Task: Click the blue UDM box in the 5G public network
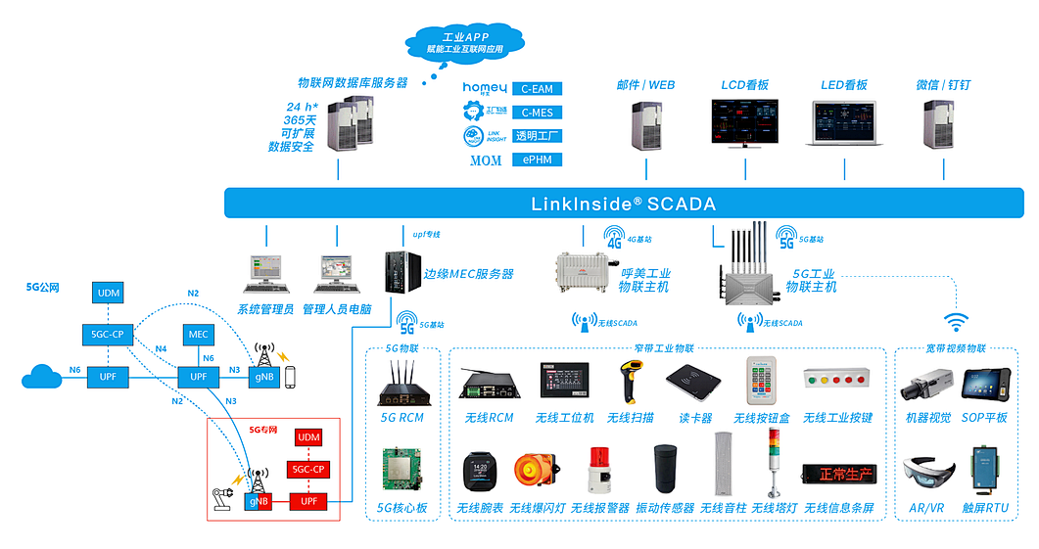tap(108, 293)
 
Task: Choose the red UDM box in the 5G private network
tap(308, 436)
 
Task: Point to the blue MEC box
tap(199, 334)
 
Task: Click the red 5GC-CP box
tap(308, 469)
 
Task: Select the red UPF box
tap(308, 501)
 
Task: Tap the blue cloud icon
tap(42, 376)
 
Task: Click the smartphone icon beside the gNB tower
tap(290, 377)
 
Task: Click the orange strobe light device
tap(533, 474)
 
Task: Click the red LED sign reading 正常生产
tap(837, 475)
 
